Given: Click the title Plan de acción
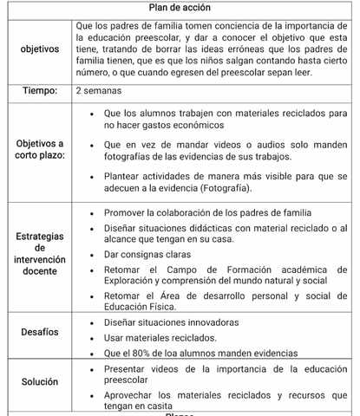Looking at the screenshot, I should coord(180,7).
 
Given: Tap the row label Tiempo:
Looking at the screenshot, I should coord(37,90).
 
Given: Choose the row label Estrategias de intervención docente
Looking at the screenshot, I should coord(37,253).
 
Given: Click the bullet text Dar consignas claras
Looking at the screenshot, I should coord(153,255).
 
